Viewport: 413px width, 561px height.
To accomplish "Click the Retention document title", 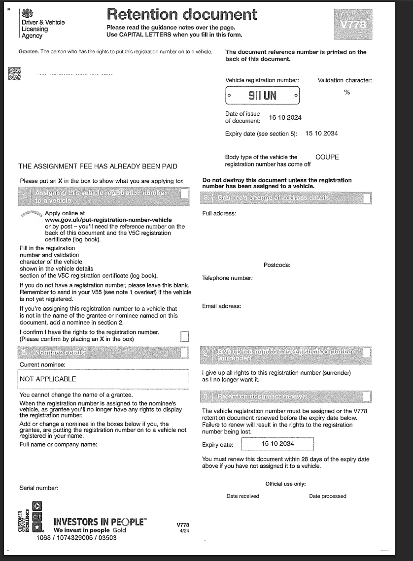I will coord(182,14).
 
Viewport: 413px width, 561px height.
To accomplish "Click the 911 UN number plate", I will coord(263,96).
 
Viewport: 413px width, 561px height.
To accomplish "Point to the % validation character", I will coord(347,92).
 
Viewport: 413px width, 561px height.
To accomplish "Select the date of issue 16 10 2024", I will coord(285,118).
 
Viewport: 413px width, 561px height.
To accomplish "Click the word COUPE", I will coord(327,158).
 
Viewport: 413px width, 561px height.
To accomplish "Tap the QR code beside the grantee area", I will coord(15,74).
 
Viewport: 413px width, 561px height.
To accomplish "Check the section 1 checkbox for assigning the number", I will coord(184,194).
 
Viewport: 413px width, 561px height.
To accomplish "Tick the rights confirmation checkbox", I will coord(184,336).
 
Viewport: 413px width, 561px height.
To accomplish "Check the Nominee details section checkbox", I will coord(184,353).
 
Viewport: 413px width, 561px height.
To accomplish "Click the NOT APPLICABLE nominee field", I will coord(103,379).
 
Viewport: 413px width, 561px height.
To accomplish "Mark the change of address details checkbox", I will coord(366,198).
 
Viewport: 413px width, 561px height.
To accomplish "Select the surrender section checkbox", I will coord(366,353).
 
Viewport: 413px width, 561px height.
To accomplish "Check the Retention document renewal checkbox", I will coord(366,397).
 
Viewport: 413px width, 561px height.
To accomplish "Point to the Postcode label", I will coord(277,265).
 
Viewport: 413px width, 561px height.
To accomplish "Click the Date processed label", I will coord(327,496).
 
